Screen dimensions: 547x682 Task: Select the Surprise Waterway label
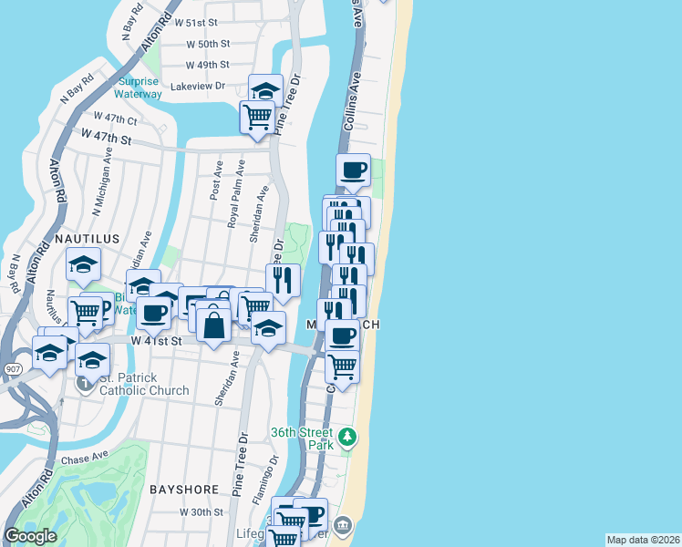139,88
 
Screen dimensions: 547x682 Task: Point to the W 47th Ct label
115,119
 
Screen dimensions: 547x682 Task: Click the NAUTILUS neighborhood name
87,238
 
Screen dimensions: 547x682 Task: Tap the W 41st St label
157,340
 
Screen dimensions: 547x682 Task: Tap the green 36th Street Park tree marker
346,438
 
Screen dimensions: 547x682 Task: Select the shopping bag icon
213,325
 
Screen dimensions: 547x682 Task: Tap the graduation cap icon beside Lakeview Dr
265,90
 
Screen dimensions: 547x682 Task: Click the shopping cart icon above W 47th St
257,117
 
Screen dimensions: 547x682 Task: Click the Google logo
31,537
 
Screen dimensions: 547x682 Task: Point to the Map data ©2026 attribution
643,540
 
